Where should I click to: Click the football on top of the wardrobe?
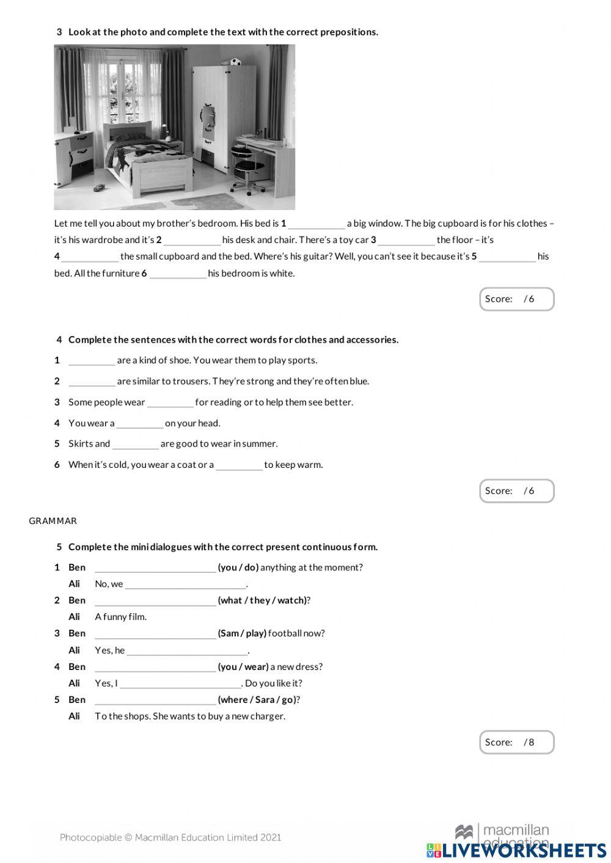[235, 62]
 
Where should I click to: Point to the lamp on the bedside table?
[164, 131]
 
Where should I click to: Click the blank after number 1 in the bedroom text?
[316, 224]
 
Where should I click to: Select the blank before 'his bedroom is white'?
[178, 274]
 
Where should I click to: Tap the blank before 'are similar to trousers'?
[92, 382]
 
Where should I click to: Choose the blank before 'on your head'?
[139, 423]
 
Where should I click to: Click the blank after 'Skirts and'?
[135, 444]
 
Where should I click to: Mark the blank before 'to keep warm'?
[239, 465]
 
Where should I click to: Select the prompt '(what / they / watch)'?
[262, 600]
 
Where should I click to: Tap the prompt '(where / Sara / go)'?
[257, 700]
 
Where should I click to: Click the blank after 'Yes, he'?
[187, 650]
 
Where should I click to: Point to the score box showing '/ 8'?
[516, 742]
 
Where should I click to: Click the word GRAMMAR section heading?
[53, 521]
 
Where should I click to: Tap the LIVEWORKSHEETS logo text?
[524, 850]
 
